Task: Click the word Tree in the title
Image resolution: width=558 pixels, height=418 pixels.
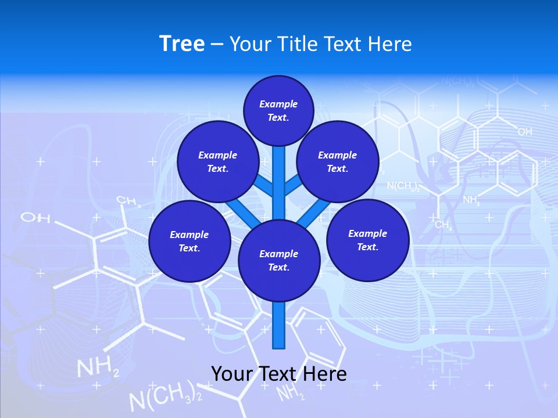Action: pos(182,44)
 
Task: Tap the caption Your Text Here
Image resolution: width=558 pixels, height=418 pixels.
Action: pos(278,373)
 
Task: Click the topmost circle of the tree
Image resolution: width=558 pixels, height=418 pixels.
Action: pos(278,110)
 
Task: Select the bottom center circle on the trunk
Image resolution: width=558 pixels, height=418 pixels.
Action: pos(279,261)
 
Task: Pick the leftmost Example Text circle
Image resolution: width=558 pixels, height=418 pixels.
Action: pos(189,241)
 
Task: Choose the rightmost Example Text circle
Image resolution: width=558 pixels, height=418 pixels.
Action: pos(367,240)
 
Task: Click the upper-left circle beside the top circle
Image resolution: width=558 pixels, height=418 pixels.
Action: pos(218,161)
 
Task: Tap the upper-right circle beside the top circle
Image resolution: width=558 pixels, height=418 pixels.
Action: pos(338,161)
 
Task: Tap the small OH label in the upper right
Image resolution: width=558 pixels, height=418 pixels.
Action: pos(524,132)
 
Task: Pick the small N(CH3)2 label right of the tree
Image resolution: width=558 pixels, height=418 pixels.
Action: pos(403,186)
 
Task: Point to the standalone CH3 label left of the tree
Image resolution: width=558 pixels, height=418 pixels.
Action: pos(129,201)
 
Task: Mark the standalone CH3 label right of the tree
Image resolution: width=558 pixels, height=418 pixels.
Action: pos(443,225)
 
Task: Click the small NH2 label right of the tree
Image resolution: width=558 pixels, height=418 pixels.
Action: pos(471,200)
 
